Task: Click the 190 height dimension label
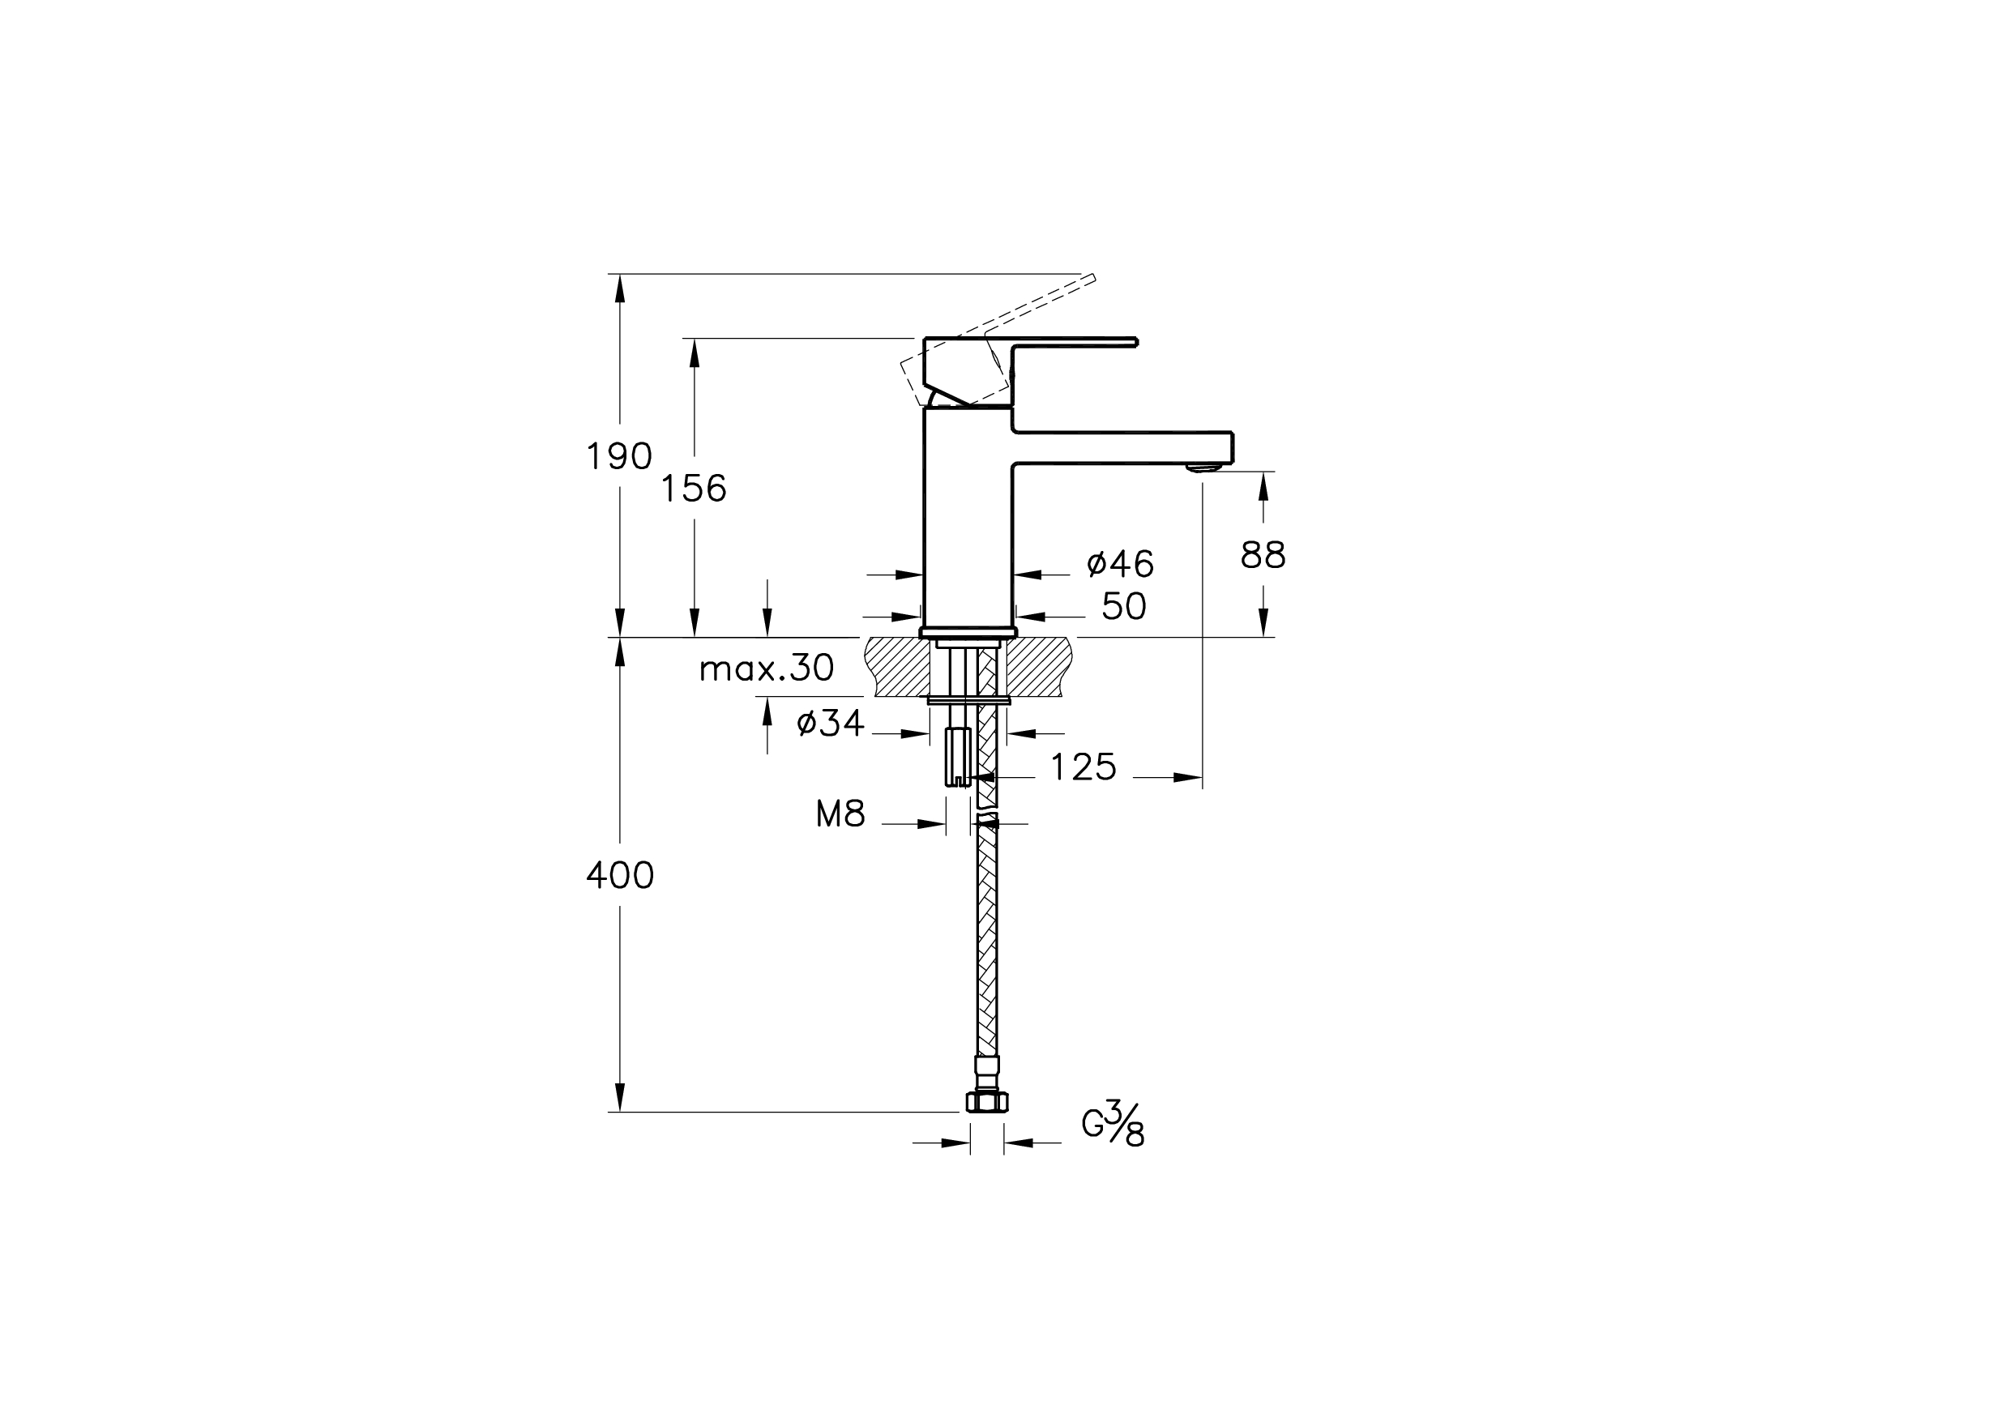[x=618, y=457]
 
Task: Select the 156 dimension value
[x=693, y=488]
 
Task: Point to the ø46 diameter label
[x=1120, y=564]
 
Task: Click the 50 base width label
[x=1123, y=606]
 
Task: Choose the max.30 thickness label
[x=767, y=668]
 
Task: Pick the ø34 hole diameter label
[x=831, y=724]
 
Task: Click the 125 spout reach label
[x=1084, y=767]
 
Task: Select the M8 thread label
[x=841, y=814]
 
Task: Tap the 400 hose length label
[x=619, y=876]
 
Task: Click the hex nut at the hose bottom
[x=986, y=1102]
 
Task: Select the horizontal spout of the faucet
[x=1122, y=447]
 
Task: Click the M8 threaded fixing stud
[x=958, y=757]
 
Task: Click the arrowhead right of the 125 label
[x=1187, y=777]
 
